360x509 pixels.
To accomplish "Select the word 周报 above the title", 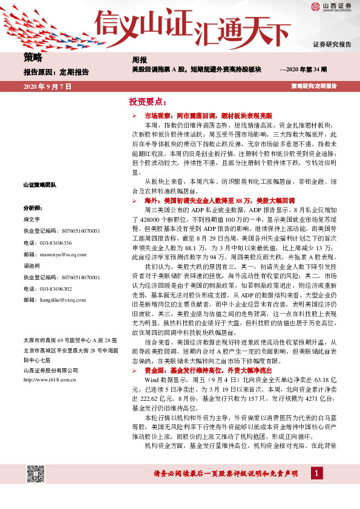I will tap(139, 60).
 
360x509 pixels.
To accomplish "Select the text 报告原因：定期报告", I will tap(56, 72).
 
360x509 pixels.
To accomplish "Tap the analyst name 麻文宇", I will tap(31, 219).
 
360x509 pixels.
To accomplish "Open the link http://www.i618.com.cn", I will tap(48, 363).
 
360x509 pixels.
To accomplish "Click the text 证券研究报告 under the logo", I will tap(332, 45).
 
